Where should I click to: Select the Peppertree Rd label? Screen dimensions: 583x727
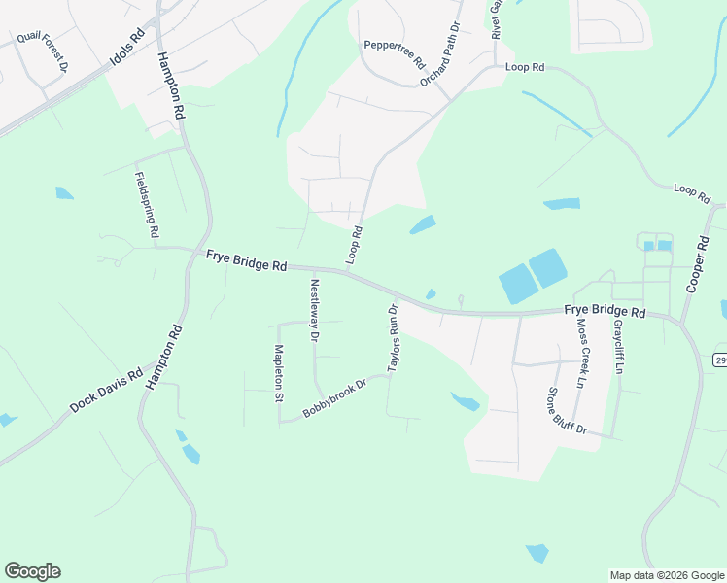point(395,53)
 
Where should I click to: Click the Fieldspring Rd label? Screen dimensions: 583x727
point(146,205)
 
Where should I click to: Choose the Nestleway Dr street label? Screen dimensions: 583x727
point(314,310)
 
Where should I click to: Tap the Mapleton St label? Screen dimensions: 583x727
point(278,373)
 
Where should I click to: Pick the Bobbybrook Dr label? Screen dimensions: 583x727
point(333,398)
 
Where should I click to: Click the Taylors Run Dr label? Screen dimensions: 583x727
point(395,338)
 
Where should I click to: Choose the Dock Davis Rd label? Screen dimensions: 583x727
point(107,389)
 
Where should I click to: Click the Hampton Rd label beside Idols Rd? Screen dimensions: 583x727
point(171,86)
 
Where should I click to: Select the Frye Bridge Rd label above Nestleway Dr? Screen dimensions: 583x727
point(247,260)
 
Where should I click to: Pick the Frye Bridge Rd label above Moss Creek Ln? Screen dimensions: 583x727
point(605,312)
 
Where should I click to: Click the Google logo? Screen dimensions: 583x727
point(32,571)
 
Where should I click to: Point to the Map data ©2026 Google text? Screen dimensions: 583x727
point(666,575)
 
